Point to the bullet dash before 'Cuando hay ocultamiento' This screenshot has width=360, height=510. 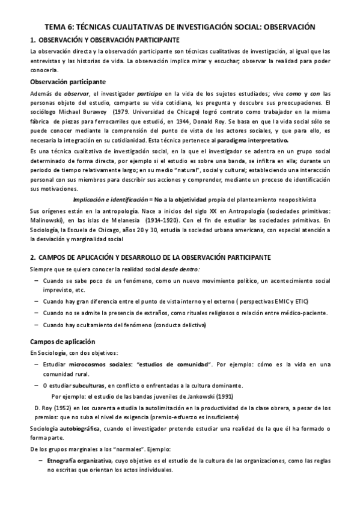coord(38,325)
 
